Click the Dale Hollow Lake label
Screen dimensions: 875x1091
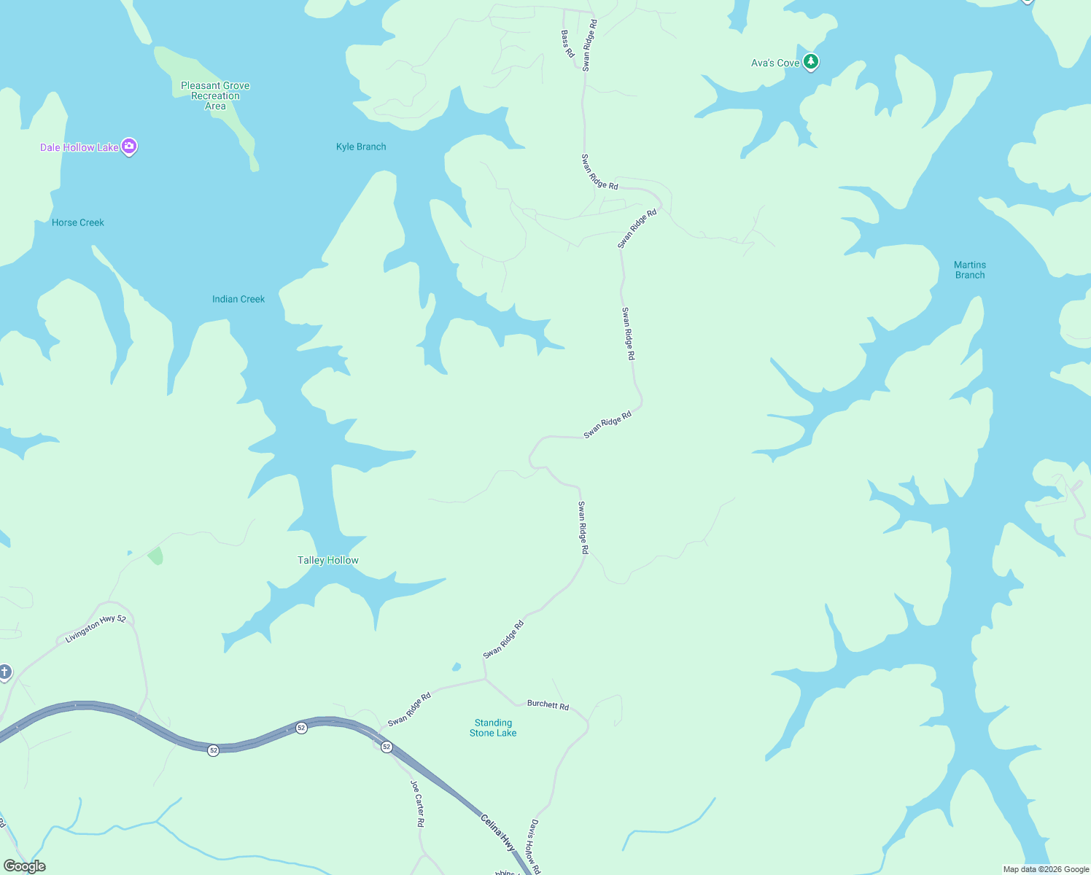coord(79,147)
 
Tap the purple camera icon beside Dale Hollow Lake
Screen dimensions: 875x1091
coord(129,147)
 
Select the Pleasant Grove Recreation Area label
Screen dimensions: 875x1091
coord(215,96)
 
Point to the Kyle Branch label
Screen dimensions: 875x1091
coord(361,147)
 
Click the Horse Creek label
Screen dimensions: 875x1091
coord(78,222)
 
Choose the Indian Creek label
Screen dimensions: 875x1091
coord(238,299)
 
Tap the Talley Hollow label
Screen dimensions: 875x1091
coord(328,560)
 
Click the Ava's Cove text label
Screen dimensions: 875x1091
coord(775,63)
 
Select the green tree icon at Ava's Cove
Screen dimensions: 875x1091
coord(810,62)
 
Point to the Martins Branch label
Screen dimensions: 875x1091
coord(970,270)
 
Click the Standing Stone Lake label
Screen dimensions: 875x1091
coord(493,728)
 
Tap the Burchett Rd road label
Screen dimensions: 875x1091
coord(548,704)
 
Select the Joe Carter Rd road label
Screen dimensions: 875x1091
coord(417,803)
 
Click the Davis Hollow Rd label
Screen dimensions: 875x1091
coord(535,846)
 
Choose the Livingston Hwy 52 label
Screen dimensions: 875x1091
coord(96,629)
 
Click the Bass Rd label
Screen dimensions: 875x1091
coord(567,44)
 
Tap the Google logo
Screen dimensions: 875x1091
coord(24,866)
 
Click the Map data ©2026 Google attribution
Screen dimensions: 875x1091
coord(1046,869)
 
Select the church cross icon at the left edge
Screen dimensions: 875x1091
coord(4,672)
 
